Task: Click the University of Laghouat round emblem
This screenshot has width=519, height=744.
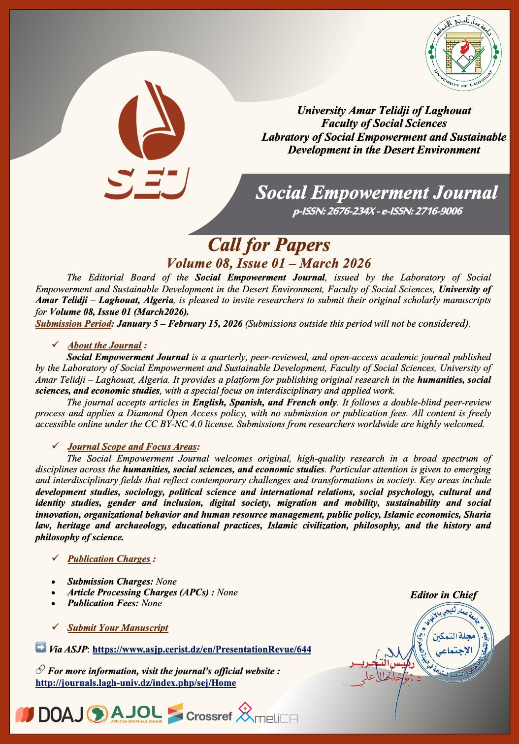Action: point(463,55)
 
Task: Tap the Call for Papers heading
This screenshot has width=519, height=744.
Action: point(269,244)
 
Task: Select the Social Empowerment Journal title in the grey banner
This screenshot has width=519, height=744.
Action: point(376,192)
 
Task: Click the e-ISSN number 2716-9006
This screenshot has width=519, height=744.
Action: point(438,212)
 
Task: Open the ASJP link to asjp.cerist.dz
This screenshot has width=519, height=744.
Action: point(201,649)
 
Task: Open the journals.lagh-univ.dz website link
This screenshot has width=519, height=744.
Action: point(136,683)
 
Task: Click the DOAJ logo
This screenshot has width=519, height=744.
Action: point(50,714)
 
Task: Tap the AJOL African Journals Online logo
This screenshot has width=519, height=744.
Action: point(126,714)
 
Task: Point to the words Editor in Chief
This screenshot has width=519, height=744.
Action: point(443,595)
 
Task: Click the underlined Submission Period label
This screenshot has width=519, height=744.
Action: point(74,323)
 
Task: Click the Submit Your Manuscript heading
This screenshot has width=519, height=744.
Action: point(118,627)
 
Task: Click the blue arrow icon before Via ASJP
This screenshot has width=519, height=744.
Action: point(41,648)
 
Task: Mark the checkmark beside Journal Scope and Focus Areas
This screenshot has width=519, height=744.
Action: point(56,446)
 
